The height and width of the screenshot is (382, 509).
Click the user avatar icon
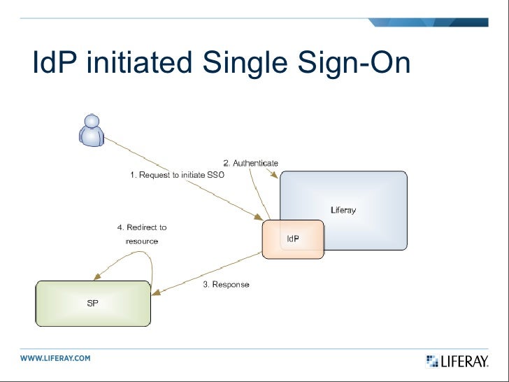tap(91, 131)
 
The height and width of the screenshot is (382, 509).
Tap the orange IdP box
tap(293, 239)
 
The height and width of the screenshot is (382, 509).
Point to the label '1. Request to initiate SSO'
tap(178, 176)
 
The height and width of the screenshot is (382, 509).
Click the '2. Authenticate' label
tap(250, 163)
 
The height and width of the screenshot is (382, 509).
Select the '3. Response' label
tap(226, 285)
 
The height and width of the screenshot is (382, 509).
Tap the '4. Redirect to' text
tap(141, 227)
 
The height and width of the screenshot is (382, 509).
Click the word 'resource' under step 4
tap(141, 241)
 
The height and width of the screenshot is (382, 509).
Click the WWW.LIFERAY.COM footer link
tap(55, 358)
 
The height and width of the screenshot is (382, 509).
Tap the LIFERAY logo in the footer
tap(457, 361)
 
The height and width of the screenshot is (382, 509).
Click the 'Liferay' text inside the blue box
tap(343, 210)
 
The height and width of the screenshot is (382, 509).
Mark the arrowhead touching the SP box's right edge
tap(156, 293)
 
